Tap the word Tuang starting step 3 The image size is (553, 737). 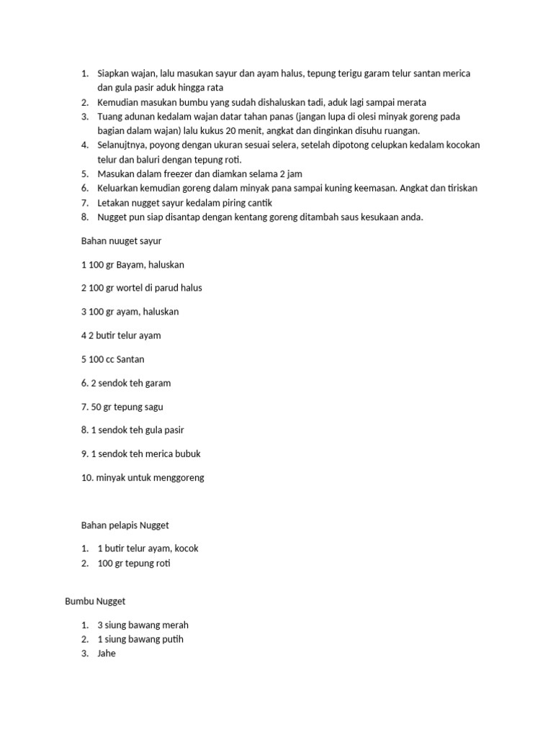pyautogui.click(x=110, y=117)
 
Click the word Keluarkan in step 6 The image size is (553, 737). pyautogui.click(x=119, y=188)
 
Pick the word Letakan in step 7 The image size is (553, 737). pyautogui.click(x=114, y=202)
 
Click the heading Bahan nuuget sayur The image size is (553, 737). pyautogui.click(x=122, y=241)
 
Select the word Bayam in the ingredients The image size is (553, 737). pyautogui.click(x=129, y=265)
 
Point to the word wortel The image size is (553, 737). pyautogui.click(x=131, y=288)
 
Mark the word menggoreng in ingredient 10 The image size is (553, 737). pyautogui.click(x=176, y=477)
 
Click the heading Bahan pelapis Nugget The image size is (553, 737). pyautogui.click(x=125, y=525)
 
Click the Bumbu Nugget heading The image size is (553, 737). pyautogui.click(x=95, y=600)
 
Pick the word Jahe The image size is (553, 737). pyautogui.click(x=107, y=654)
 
